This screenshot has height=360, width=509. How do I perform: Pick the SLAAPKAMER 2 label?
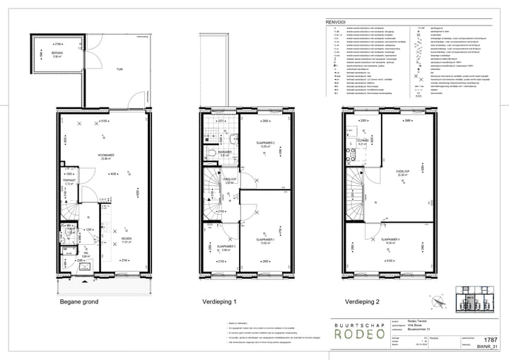265,143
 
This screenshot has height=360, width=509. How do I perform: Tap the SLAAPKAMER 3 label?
216,246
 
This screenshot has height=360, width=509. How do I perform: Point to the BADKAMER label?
225,152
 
